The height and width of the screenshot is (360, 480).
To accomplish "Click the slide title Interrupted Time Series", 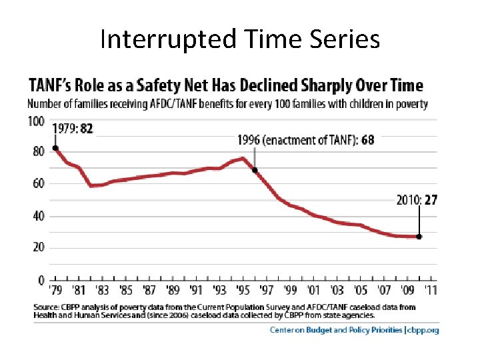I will click(x=240, y=39).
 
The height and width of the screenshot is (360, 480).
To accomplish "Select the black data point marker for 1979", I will click(x=55, y=148).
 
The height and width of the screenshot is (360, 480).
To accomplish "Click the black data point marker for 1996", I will click(x=255, y=170).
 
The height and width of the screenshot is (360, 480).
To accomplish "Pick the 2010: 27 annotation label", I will click(x=417, y=200).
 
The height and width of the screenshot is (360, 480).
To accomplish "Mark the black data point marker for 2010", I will click(x=419, y=236).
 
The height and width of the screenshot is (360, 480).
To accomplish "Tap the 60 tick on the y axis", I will click(x=38, y=184).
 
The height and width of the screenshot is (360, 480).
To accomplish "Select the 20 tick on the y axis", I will click(x=38, y=247).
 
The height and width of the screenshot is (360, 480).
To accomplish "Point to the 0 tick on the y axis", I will click(x=41, y=279).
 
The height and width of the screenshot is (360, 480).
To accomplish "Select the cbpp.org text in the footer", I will click(x=423, y=330).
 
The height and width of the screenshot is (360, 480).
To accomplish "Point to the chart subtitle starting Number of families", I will click(x=227, y=104).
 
